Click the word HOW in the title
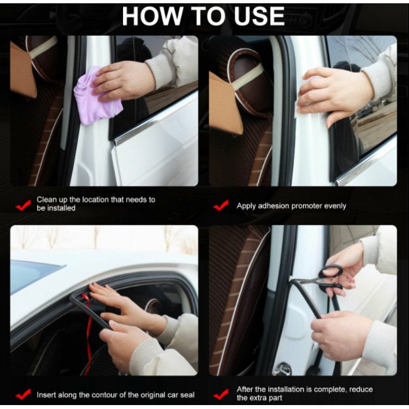(152, 16)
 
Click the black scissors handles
(330, 279)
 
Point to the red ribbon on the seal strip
(88, 332)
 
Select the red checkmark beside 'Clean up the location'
(24, 205)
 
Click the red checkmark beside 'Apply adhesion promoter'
(221, 205)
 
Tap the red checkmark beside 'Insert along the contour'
(24, 395)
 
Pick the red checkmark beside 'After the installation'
(221, 395)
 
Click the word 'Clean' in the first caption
(46, 200)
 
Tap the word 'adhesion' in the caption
(274, 206)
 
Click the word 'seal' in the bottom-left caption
(188, 395)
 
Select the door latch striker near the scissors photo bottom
(282, 368)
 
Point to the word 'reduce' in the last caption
(361, 390)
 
